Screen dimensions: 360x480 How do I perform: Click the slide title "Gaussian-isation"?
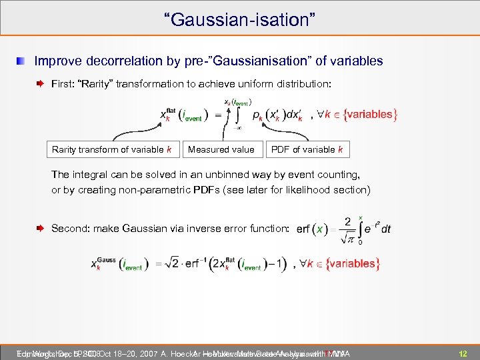239,18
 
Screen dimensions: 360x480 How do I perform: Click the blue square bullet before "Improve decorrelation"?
23,61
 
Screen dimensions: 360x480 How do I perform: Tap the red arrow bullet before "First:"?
41,84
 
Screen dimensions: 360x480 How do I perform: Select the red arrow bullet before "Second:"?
41,228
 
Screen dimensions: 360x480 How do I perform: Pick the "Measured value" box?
221,149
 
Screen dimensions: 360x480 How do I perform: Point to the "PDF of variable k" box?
307,149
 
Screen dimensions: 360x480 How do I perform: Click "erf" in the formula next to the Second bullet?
304,229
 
